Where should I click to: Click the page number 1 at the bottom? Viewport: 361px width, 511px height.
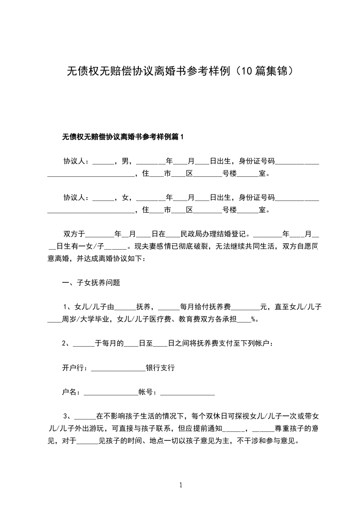(181, 485)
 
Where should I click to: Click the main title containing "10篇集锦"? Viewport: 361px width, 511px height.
(180, 72)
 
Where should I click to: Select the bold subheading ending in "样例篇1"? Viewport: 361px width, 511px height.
(122, 137)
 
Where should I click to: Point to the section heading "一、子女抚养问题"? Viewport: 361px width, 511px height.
(91, 282)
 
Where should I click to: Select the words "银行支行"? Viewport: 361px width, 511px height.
(160, 368)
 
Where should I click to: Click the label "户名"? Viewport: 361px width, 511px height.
(69, 392)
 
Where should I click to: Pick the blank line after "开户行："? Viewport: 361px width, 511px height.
(118, 368)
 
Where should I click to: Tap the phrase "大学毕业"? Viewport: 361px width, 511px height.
(95, 319)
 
